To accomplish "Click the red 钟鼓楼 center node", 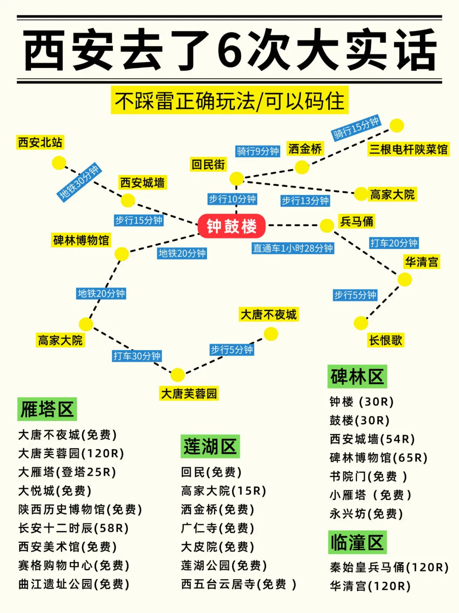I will click(x=232, y=226).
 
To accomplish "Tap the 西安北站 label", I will click(x=40, y=142).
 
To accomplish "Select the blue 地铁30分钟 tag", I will click(x=79, y=182).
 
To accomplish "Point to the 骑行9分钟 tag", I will click(x=258, y=151).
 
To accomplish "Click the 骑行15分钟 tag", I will click(x=356, y=127).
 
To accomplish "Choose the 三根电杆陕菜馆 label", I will click(x=408, y=149).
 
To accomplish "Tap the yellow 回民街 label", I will click(x=208, y=164).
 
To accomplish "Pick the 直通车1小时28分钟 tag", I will click(x=293, y=248).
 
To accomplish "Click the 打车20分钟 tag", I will click(x=394, y=243).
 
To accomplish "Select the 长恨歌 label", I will click(x=385, y=340).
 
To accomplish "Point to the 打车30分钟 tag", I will click(x=137, y=356).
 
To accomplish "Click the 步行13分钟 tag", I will click(x=305, y=201).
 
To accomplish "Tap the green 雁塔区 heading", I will click(x=47, y=410).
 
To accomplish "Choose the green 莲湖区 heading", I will click(x=210, y=446).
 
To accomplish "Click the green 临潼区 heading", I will click(x=357, y=542).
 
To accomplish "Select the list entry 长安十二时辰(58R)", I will click(x=74, y=528).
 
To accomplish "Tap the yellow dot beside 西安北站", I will click(x=59, y=163).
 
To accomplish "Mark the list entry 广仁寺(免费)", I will click(x=218, y=528).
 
